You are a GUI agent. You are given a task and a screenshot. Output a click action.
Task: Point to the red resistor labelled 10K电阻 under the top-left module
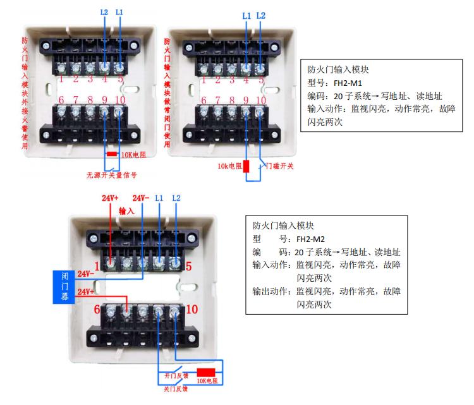click(x=111, y=154)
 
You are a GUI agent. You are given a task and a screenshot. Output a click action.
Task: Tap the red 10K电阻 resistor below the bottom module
click(x=207, y=372)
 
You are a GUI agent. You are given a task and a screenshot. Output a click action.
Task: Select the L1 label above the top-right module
click(x=246, y=14)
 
